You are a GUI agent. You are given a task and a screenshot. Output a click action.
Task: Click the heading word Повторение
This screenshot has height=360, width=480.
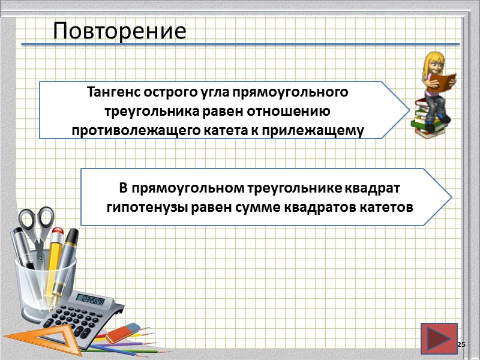click(x=119, y=31)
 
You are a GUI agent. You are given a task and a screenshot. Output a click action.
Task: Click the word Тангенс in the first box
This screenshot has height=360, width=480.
click(x=113, y=94)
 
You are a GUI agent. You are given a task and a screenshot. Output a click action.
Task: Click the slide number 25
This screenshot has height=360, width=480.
click(x=461, y=344)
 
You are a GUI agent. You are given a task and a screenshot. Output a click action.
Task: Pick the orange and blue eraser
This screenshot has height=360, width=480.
click(x=125, y=330)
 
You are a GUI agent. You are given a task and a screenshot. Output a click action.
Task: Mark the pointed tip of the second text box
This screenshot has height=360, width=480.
click(x=451, y=196)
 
